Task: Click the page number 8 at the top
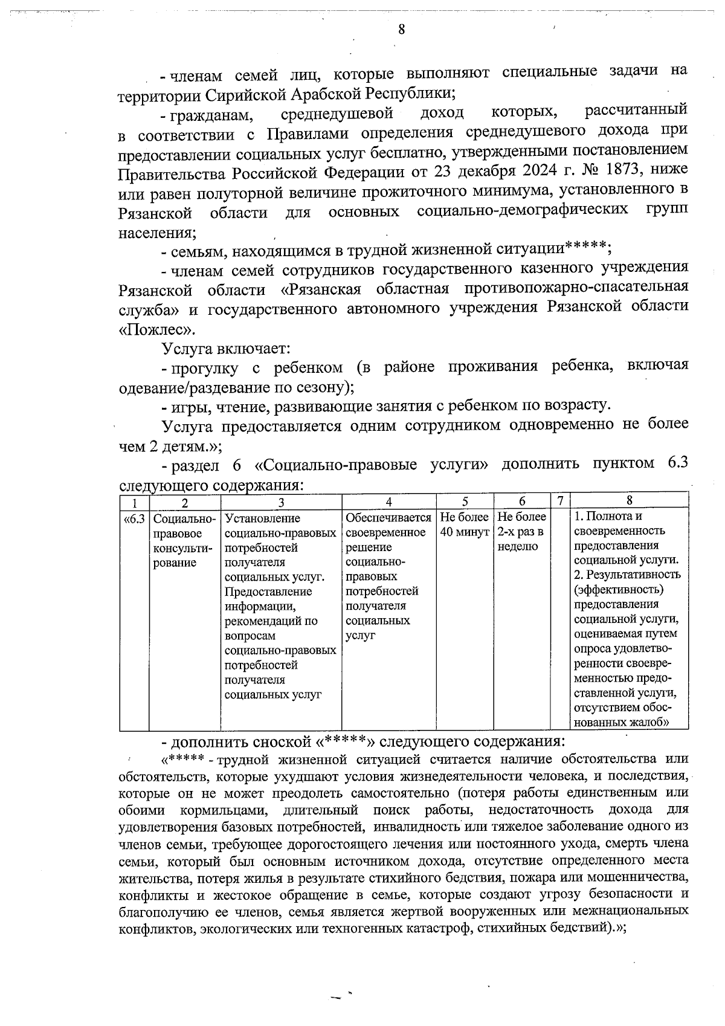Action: point(401,30)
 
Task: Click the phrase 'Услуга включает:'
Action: point(227,349)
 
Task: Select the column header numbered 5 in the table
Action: point(465,501)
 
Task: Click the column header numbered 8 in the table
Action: point(629,500)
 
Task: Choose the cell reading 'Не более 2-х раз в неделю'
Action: point(521,532)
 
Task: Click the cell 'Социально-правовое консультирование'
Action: point(184,540)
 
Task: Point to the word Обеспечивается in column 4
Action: point(388,518)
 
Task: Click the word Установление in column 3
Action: point(262,518)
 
